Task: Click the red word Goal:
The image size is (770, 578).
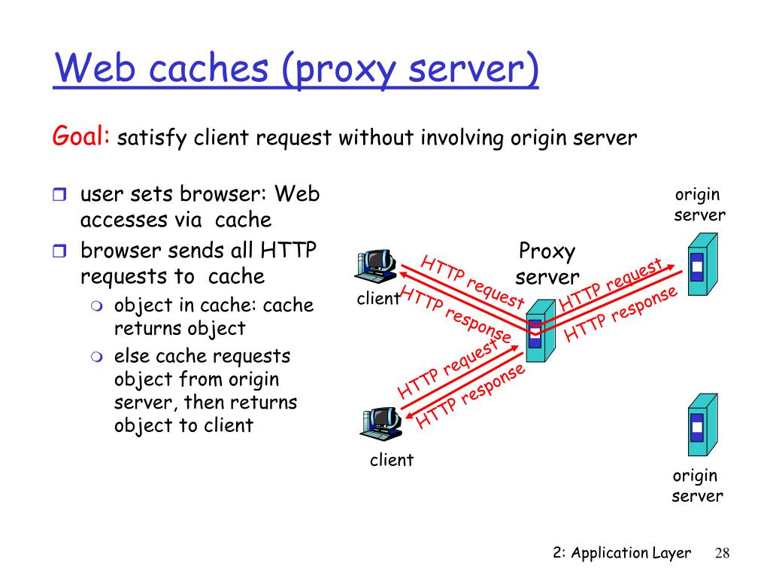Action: coord(81,135)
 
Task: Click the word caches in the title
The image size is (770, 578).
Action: coord(208,68)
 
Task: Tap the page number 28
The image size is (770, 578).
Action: coord(722,553)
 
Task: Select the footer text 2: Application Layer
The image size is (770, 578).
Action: coord(622,553)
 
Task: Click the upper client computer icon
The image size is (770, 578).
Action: coord(376,266)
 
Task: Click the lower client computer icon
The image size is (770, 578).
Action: coord(381,423)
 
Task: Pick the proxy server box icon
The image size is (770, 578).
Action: coord(541,331)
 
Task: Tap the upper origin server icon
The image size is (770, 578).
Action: coord(703,264)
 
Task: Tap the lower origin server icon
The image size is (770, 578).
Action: coord(703,424)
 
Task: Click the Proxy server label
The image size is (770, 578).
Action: coord(547,264)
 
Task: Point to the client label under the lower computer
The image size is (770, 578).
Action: coord(391,460)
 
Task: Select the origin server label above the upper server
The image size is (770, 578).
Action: coord(699,205)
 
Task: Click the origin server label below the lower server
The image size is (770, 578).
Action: coord(697,486)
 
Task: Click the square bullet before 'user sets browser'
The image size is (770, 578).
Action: coord(59,195)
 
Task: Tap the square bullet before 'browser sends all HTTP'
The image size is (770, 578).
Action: coord(59,251)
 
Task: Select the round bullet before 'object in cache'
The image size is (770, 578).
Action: coord(97,306)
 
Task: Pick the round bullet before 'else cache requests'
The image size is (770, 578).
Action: coord(97,357)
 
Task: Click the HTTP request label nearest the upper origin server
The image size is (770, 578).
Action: coord(611,285)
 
